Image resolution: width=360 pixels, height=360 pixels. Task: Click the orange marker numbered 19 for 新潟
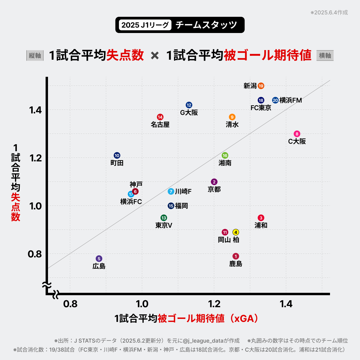point(261,86)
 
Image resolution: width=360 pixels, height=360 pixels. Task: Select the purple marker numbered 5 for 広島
point(99,259)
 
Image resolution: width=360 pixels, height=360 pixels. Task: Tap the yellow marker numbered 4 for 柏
point(236,232)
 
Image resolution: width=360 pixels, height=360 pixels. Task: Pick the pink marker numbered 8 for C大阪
point(297,134)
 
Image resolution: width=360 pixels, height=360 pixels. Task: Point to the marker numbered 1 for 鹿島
point(236,256)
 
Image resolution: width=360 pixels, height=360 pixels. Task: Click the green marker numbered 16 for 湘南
point(225,155)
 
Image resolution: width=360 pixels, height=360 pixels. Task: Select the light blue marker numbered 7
point(171,191)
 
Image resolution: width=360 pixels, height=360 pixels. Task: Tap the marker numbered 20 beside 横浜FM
point(275,100)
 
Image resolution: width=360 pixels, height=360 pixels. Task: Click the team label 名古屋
point(160,124)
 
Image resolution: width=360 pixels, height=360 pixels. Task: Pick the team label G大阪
point(189,112)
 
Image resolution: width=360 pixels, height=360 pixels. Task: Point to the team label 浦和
point(261,225)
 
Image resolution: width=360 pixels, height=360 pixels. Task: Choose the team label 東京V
point(164,225)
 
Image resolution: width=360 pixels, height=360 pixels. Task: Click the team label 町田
point(117,163)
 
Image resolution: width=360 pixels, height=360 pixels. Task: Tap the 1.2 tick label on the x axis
point(214,304)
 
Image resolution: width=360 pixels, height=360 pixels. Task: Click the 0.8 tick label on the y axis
point(35,254)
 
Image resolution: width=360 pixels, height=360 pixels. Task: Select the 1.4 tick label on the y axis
point(35,110)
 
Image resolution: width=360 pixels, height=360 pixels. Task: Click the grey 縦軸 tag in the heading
point(35,55)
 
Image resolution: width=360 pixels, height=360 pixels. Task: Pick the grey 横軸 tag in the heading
point(325,55)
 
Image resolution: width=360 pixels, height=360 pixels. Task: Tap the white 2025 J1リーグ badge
point(145,25)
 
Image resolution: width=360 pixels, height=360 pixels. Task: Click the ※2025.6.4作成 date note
point(329,13)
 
